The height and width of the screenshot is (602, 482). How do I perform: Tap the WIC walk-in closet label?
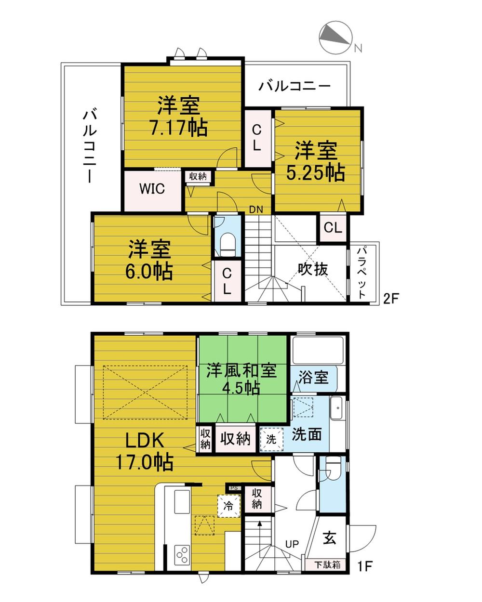[x=152, y=188]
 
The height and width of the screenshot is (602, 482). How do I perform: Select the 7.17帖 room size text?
[x=179, y=128]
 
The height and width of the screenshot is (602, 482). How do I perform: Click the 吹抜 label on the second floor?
[x=312, y=269]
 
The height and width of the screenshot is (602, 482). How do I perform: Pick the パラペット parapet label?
[x=362, y=273]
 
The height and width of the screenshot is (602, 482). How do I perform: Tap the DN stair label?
[x=256, y=209]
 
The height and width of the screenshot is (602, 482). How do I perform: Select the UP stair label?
[x=292, y=544]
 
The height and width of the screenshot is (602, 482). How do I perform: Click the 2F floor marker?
[x=390, y=299]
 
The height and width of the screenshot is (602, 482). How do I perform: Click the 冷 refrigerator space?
[x=229, y=506]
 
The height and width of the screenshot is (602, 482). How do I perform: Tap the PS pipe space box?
[x=234, y=488]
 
